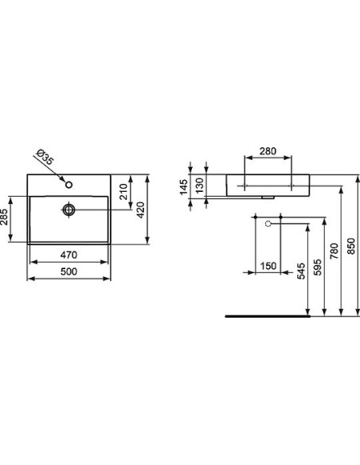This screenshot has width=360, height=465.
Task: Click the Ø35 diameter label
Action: pyautogui.click(x=46, y=158)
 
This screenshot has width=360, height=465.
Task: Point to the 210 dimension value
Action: pyautogui.click(x=125, y=192)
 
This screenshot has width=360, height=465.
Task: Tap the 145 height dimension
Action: pyautogui.click(x=184, y=187)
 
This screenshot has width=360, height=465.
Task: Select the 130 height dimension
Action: pyautogui.click(x=199, y=185)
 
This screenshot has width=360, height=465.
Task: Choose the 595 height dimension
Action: pyautogui.click(x=317, y=268)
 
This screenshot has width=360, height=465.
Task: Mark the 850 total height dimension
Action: pyautogui.click(x=351, y=248)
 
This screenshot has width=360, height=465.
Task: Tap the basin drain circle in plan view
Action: pyautogui.click(x=69, y=209)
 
